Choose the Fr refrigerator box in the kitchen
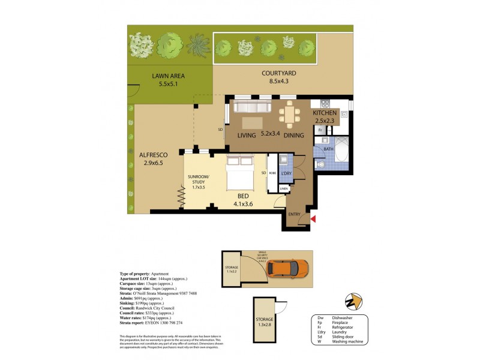coord(321,130)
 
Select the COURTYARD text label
coord(279,74)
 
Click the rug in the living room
coord(251,122)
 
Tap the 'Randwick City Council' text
coord(158,310)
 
